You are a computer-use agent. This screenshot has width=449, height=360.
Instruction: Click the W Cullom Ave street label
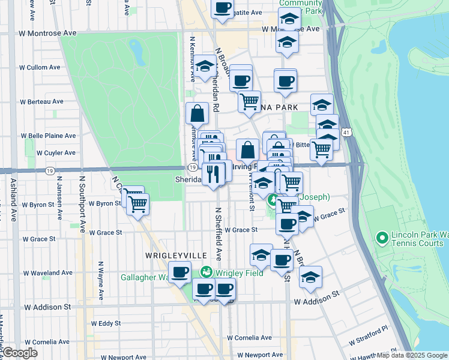click(41, 68)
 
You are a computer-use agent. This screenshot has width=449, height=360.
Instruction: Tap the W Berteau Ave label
click(41, 102)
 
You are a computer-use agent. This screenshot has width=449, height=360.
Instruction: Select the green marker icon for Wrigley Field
click(206, 272)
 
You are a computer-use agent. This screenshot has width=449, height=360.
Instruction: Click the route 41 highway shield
click(346, 131)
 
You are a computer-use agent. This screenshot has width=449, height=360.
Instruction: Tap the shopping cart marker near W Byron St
click(138, 204)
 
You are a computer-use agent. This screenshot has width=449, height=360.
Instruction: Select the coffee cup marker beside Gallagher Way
click(179, 273)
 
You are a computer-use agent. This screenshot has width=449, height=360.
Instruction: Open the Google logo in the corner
click(20, 353)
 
